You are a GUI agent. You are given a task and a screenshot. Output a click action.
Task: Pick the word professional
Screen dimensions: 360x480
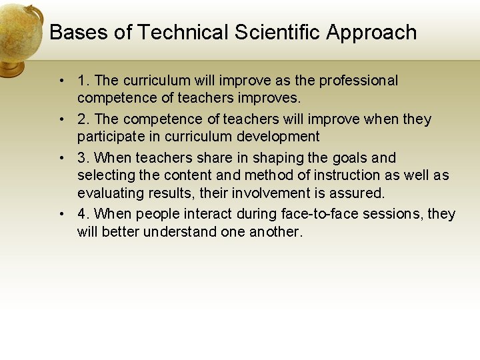point(358,81)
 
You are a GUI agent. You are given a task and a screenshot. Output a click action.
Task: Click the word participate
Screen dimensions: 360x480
point(111,137)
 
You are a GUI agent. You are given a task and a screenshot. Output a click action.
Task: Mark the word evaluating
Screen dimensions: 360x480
point(109,194)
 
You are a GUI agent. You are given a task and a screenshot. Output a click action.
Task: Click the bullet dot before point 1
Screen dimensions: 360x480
point(61,81)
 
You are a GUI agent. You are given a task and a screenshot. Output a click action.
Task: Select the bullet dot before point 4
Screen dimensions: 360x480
point(61,215)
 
